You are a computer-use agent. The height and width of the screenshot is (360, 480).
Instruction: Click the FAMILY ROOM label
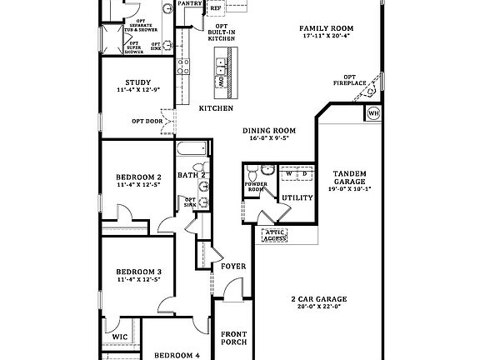[321, 28]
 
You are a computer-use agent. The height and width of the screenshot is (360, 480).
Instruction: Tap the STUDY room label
[137, 82]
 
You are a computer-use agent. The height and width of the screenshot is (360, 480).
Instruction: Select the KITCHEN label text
[215, 109]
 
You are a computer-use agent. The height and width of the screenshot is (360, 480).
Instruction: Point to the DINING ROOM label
[270, 131]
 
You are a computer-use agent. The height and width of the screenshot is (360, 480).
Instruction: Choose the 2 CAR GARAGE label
[318, 299]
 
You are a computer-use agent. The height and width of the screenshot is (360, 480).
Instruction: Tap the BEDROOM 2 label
[137, 177]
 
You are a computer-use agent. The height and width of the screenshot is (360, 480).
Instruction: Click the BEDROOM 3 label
[138, 272]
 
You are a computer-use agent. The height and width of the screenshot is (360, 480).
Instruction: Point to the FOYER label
[233, 267]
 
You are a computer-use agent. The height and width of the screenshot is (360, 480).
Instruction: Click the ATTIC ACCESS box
[275, 236]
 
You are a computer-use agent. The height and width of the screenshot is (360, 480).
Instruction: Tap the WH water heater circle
[373, 113]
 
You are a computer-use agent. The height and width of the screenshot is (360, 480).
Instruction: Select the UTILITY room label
[297, 198]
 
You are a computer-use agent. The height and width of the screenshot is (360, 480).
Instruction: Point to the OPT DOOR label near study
[147, 122]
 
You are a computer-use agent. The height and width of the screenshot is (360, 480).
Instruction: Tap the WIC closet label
[120, 337]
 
